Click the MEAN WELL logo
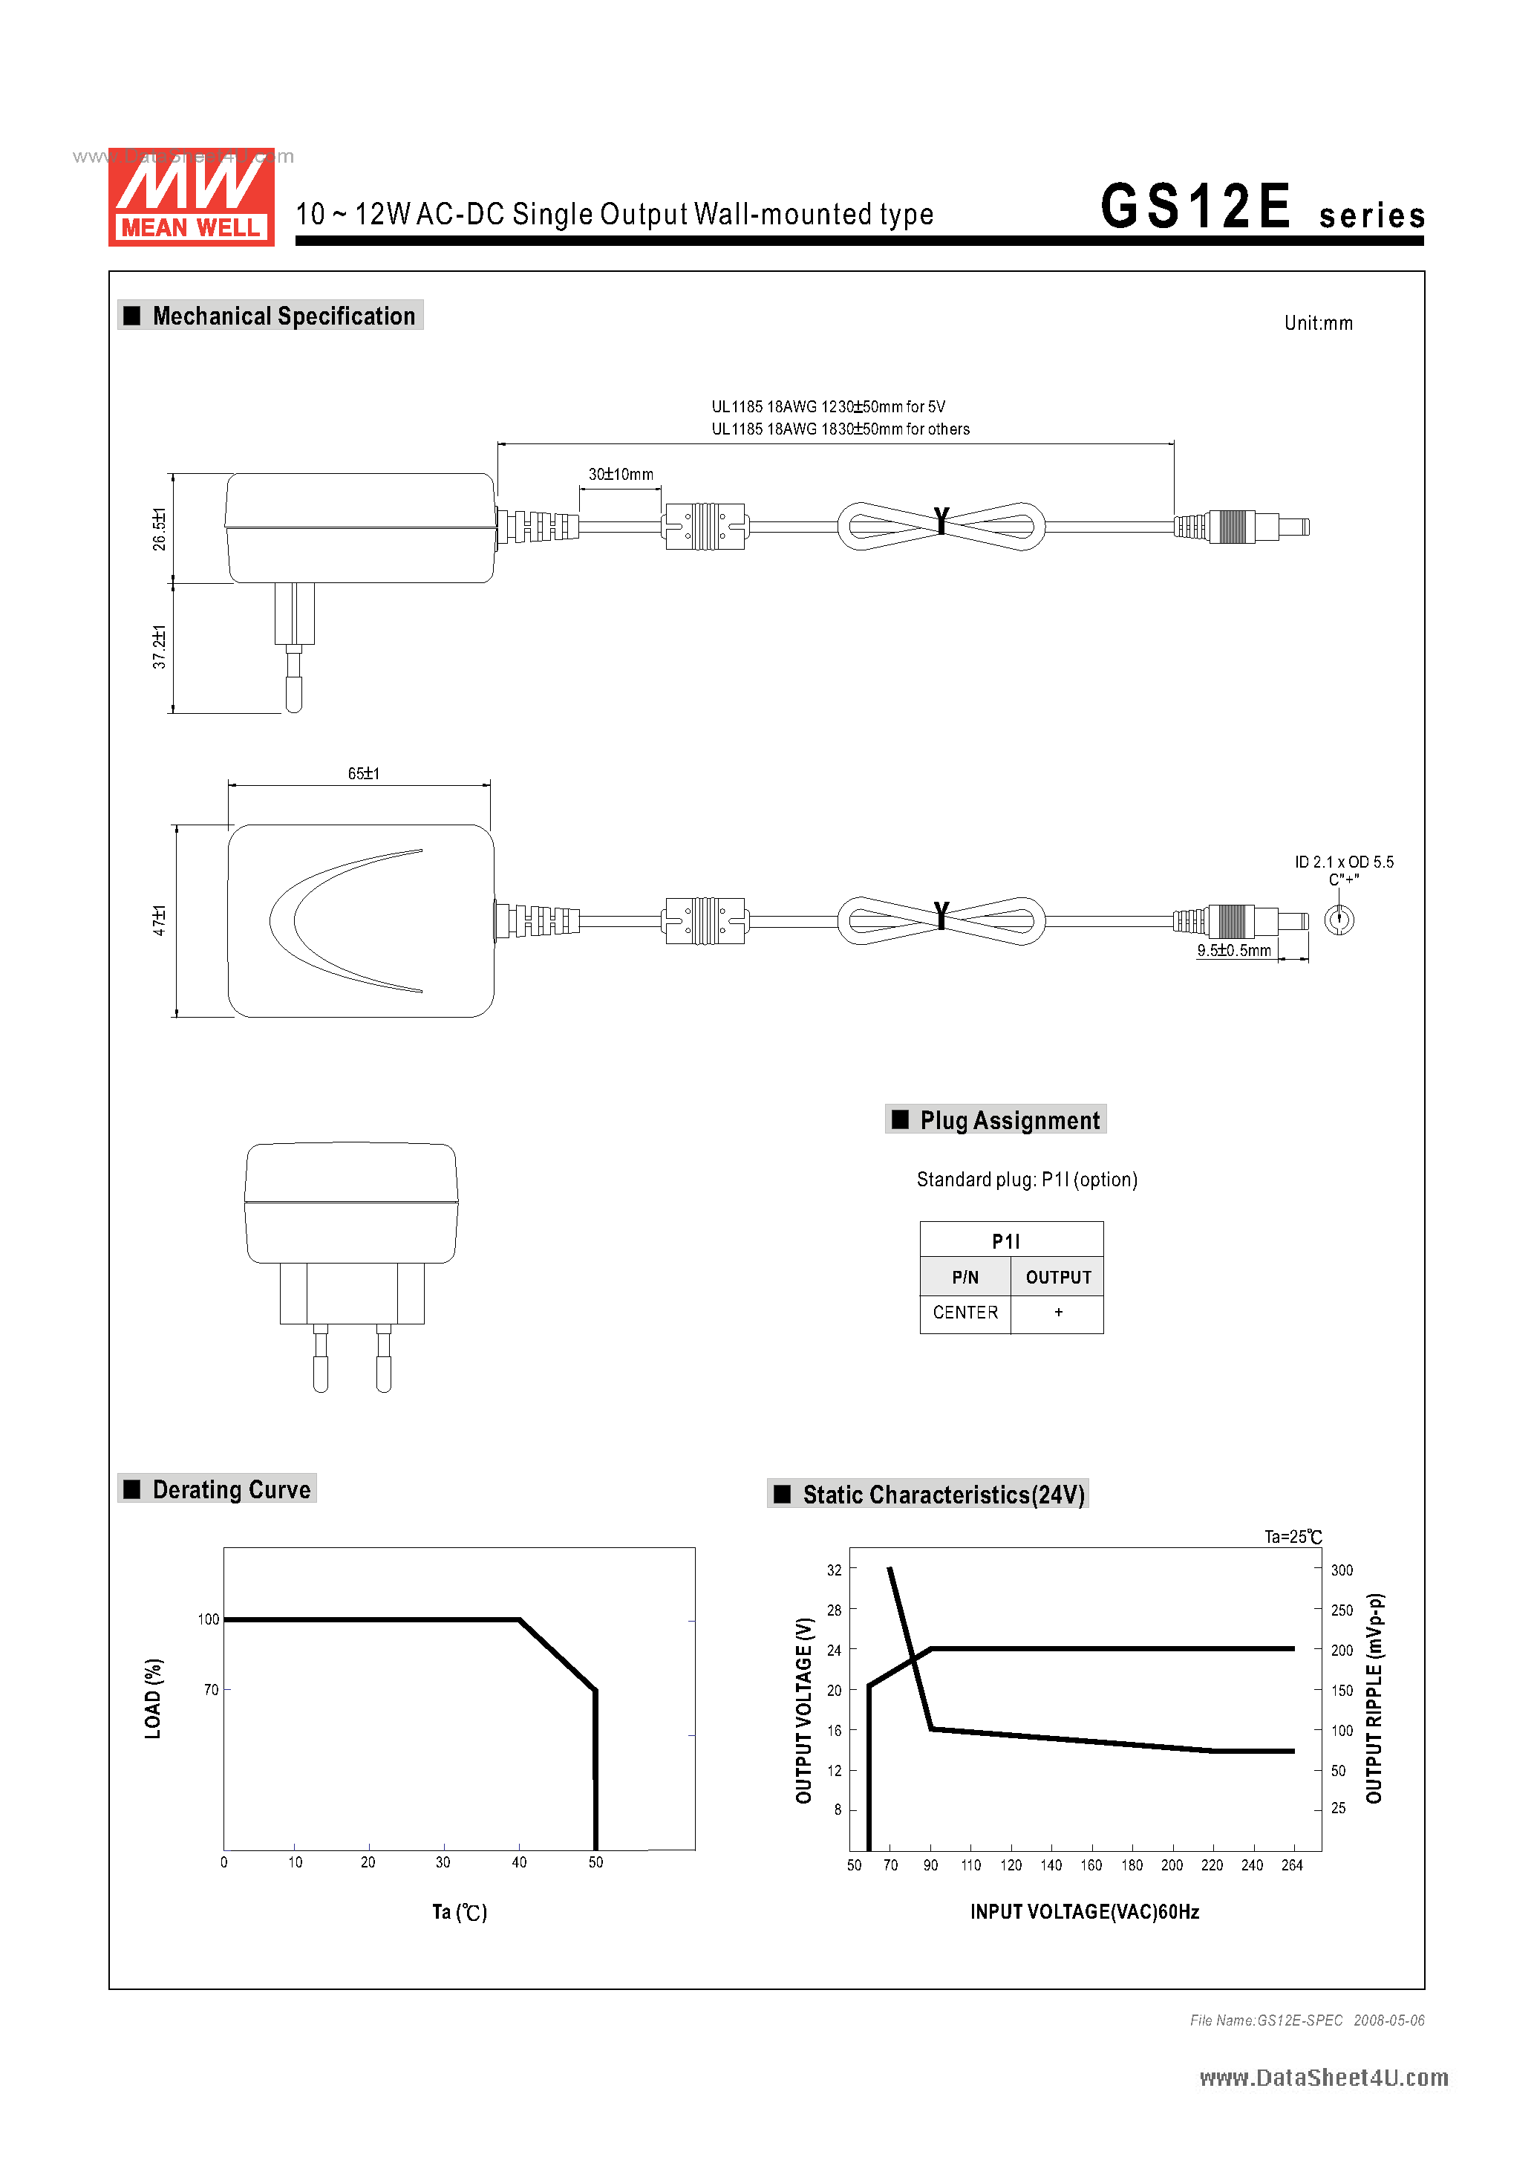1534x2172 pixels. [191, 197]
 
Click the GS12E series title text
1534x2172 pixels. [1261, 207]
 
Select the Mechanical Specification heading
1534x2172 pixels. [283, 316]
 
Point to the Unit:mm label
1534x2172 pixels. [1317, 324]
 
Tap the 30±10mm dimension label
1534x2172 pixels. [621, 474]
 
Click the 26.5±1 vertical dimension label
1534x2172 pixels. [159, 529]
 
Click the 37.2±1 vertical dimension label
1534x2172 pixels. [159, 647]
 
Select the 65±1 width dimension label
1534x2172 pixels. [363, 774]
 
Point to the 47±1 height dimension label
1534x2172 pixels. [159, 920]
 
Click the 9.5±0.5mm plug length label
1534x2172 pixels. [1233, 951]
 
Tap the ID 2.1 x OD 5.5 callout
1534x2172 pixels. [1343, 862]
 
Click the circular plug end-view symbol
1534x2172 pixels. [1338, 920]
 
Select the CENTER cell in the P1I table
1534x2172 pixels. [965, 1312]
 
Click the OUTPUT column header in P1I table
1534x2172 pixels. [1057, 1277]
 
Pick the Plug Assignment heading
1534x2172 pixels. [1008, 1120]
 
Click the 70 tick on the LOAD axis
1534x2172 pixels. [211, 1690]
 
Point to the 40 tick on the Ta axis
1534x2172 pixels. [519, 1862]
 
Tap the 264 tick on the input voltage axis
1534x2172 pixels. [1291, 1864]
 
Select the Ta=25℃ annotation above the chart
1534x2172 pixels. [1292, 1537]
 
